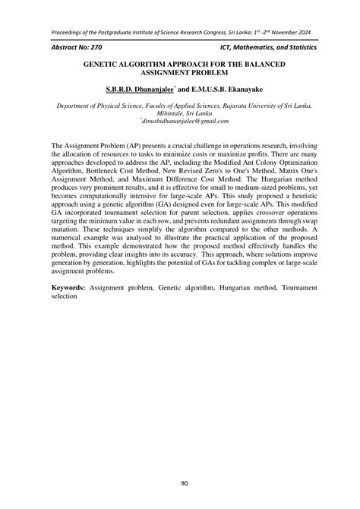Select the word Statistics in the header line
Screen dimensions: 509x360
pyautogui.click(x=290, y=47)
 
